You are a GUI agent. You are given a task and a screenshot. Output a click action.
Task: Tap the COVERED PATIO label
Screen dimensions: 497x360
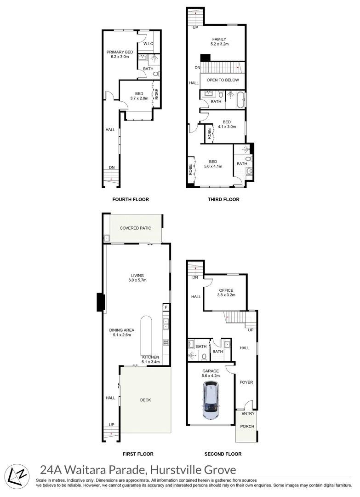click(135, 228)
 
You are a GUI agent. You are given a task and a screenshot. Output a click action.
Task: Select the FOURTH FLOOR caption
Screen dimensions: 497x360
click(131, 199)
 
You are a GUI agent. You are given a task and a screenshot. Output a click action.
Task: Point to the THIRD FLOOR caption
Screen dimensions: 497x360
click(223, 199)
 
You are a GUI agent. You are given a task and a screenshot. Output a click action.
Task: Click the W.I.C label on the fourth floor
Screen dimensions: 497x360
click(148, 44)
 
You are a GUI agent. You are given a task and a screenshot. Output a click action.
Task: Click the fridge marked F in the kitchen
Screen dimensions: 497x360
click(166, 307)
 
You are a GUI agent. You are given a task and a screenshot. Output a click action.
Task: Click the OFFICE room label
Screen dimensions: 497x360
click(226, 290)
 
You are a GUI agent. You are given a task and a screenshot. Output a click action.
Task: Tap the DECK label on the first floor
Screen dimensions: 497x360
click(145, 400)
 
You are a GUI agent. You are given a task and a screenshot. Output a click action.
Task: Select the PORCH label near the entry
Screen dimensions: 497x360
click(247, 426)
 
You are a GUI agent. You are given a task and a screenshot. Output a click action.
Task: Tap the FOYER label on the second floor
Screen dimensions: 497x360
click(246, 382)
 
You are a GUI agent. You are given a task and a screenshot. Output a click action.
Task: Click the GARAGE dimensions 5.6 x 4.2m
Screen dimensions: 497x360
click(211, 376)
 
